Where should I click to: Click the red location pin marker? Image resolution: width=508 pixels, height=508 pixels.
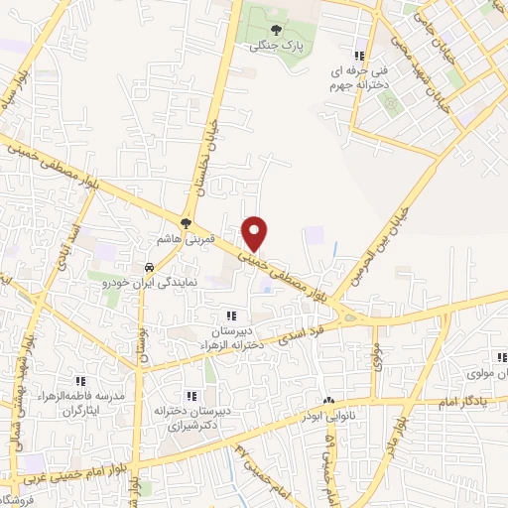[x=255, y=232]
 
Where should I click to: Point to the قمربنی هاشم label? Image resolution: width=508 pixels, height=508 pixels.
[x=180, y=241]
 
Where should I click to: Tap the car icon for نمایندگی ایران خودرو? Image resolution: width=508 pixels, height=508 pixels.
[x=148, y=267]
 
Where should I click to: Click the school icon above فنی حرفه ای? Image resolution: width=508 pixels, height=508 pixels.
[x=358, y=56]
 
